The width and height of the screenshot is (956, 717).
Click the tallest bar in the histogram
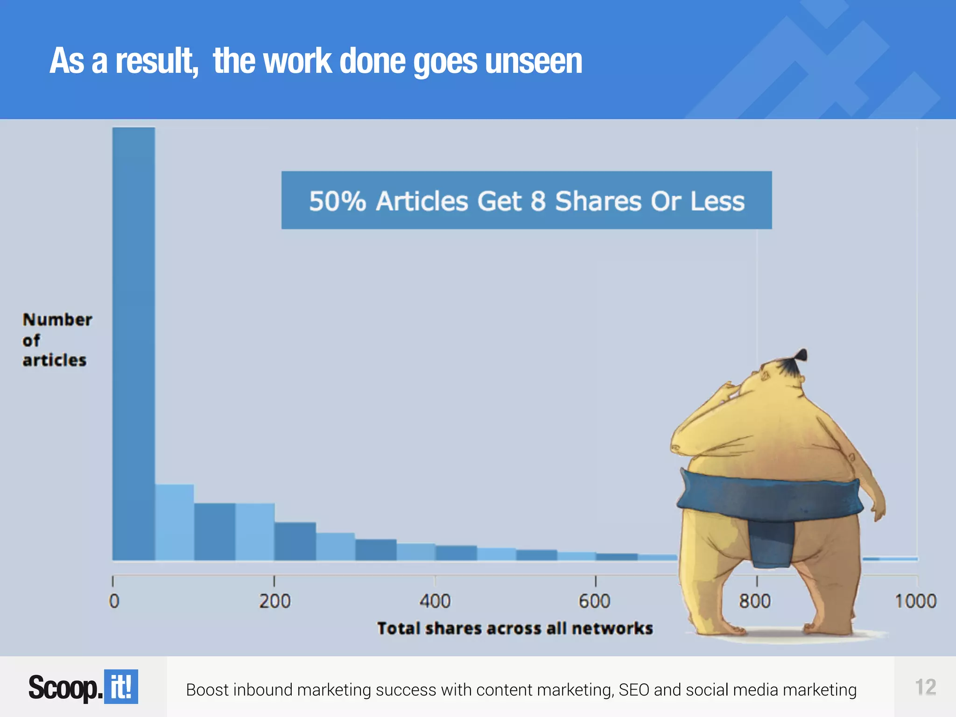pyautogui.click(x=134, y=344)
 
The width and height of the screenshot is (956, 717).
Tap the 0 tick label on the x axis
pyautogui.click(x=114, y=601)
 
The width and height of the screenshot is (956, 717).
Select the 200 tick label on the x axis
pyautogui.click(x=275, y=601)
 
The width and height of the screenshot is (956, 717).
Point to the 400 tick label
pyautogui.click(x=435, y=601)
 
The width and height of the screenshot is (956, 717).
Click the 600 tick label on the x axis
pyautogui.click(x=595, y=601)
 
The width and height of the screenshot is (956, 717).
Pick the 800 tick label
pyautogui.click(x=755, y=601)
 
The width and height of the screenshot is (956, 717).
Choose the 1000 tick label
pyautogui.click(x=915, y=601)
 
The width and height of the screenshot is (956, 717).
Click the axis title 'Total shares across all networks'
pyautogui.click(x=515, y=629)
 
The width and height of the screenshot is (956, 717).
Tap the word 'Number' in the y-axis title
pyautogui.click(x=57, y=320)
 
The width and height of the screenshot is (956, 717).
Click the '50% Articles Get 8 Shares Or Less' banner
pyautogui.click(x=527, y=200)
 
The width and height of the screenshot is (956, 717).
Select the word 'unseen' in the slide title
pyautogui.click(x=534, y=61)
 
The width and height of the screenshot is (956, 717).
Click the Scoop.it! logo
pyautogui.click(x=83, y=687)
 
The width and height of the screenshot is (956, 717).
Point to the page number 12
pyautogui.click(x=926, y=687)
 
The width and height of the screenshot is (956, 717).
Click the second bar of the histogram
pyautogui.click(x=175, y=522)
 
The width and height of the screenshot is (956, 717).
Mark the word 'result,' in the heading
pyautogui.click(x=157, y=61)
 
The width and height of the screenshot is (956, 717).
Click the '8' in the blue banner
pyautogui.click(x=538, y=201)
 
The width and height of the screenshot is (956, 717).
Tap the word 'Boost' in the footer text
pyautogui.click(x=207, y=690)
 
